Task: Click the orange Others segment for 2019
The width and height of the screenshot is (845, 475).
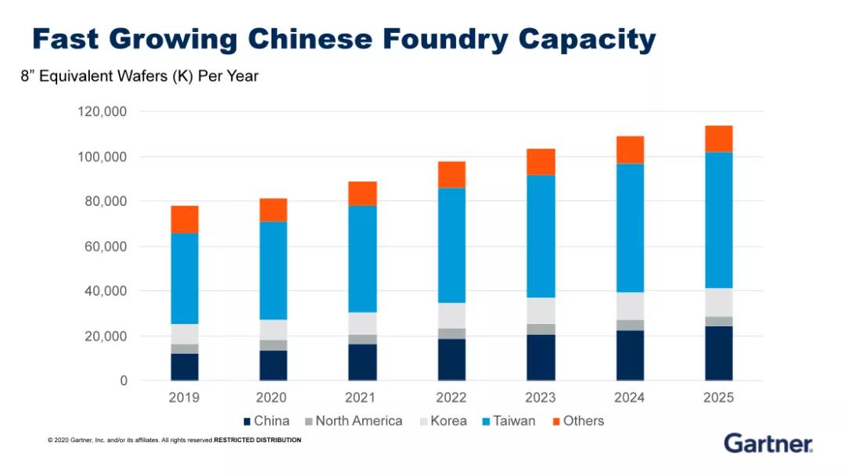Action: (x=184, y=219)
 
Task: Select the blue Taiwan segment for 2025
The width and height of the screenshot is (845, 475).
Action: (x=718, y=220)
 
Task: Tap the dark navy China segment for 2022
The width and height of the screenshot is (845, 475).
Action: (x=451, y=359)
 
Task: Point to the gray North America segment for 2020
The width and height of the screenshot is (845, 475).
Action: (x=273, y=345)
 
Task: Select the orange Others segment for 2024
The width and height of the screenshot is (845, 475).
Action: (x=630, y=149)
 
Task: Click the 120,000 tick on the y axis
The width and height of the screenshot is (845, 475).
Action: (x=102, y=112)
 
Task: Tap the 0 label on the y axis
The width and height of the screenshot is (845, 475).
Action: (x=124, y=381)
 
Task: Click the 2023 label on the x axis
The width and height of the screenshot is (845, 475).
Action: (x=541, y=398)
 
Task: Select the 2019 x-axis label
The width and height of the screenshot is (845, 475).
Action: (x=184, y=398)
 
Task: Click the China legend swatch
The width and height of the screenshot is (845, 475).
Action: (x=247, y=421)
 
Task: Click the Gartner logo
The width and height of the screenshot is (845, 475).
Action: (x=768, y=443)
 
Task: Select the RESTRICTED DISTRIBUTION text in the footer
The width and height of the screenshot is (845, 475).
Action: (x=257, y=441)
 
